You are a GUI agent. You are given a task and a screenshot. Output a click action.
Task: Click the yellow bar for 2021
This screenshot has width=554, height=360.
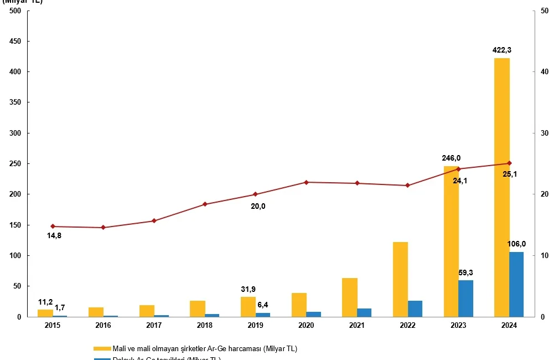350,297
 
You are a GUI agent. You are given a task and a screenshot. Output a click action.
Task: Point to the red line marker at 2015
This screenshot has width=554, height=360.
53,227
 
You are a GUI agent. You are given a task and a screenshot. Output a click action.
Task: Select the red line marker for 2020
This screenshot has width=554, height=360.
306,182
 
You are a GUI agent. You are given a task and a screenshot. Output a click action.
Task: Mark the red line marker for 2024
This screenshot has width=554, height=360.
509,163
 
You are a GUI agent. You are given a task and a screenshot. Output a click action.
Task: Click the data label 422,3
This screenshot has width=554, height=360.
502,50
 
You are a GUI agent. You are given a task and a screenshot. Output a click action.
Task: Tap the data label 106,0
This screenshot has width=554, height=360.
516,244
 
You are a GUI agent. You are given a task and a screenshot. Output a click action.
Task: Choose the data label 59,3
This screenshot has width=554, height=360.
465,272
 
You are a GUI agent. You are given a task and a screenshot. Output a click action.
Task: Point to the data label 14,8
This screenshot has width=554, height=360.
54,236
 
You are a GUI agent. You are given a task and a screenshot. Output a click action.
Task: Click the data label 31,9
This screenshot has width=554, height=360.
248,289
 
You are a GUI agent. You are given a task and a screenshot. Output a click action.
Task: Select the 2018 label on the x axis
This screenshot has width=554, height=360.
205,326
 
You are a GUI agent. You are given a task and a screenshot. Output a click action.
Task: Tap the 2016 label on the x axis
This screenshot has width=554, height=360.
103,326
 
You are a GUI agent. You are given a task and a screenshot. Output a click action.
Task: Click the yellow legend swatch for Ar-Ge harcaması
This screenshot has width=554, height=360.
101,348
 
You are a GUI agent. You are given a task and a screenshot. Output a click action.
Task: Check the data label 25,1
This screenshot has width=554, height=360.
509,174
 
